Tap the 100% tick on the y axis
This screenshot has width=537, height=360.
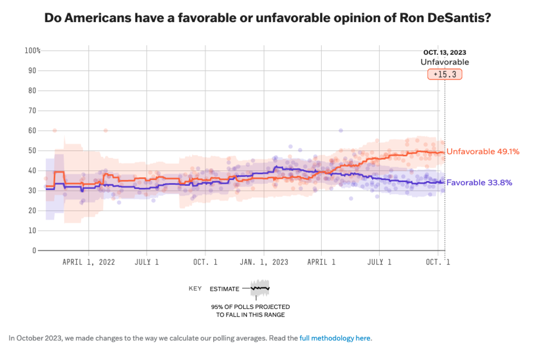point(32,51)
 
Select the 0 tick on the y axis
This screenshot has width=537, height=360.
point(34,250)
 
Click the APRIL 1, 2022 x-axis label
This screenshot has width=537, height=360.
point(89,262)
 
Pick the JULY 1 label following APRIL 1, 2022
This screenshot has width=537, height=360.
point(147,262)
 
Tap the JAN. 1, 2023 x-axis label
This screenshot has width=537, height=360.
point(263,262)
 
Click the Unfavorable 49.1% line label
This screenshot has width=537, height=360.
point(483,152)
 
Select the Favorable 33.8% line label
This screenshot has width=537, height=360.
point(479,183)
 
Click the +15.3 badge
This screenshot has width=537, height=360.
point(445,74)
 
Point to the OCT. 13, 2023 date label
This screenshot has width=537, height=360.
point(444,52)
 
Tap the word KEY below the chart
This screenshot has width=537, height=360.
point(195,289)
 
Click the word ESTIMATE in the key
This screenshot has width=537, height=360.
point(224,289)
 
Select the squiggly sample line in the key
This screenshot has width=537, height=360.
point(260,288)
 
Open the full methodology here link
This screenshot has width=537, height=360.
point(335,338)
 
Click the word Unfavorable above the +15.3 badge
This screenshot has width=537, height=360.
point(444,62)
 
